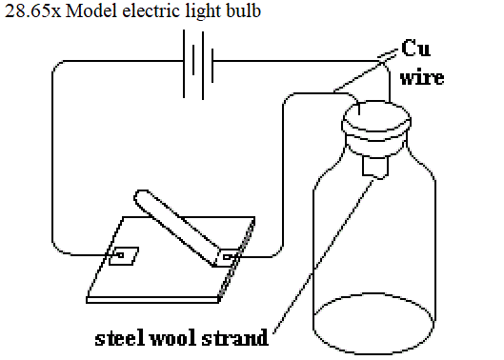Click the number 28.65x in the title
(32, 11)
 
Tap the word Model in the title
(91, 11)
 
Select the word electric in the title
(151, 11)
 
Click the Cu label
(415, 49)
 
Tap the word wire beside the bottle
(422, 77)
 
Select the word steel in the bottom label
(119, 338)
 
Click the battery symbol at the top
(198, 65)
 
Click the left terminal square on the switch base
(124, 256)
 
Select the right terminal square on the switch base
(229, 257)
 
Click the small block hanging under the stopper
(375, 167)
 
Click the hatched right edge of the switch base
(236, 259)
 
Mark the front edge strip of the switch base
(152, 300)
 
